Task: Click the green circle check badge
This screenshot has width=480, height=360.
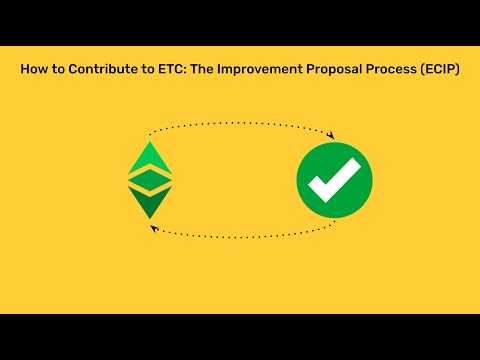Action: click(x=334, y=181)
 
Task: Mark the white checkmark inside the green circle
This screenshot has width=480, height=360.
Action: click(x=333, y=183)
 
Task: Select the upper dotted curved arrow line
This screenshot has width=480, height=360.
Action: click(x=240, y=124)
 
